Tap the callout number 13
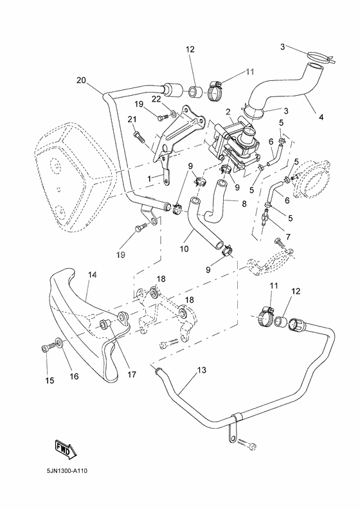click(x=202, y=370)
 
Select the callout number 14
click(x=92, y=274)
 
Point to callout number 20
click(x=81, y=80)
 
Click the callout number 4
click(x=321, y=117)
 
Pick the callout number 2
click(x=228, y=112)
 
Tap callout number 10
click(x=184, y=249)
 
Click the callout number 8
click(x=244, y=204)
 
